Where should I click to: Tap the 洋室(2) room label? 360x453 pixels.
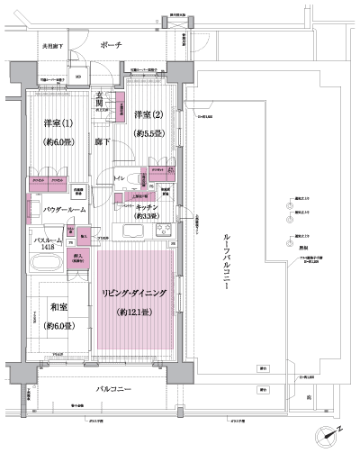click(x=149, y=114)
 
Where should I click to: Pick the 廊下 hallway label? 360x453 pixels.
click(x=103, y=142)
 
